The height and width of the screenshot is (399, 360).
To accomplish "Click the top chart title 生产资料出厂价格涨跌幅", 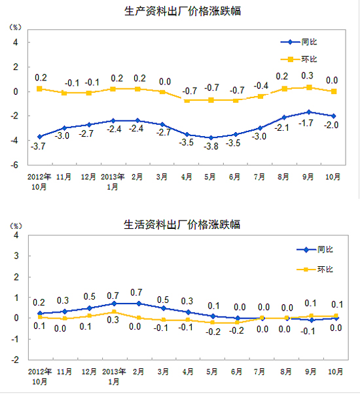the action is [x=183, y=11].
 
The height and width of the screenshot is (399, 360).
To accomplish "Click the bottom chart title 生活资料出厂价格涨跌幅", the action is [x=182, y=224].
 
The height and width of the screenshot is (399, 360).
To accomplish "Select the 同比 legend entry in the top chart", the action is [x=298, y=42].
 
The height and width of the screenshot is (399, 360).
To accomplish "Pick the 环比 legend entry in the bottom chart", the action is [x=315, y=269].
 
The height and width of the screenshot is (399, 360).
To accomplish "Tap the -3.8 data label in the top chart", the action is [x=211, y=147].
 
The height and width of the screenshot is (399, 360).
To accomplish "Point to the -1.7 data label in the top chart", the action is [x=306, y=123].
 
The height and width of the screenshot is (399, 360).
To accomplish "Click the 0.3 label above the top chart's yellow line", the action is [x=307, y=76].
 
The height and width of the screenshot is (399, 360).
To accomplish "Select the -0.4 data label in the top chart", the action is [x=261, y=86].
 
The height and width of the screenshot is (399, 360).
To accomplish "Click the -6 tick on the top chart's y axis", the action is [x=15, y=165].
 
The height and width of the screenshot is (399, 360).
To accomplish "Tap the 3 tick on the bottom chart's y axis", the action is [x=16, y=256].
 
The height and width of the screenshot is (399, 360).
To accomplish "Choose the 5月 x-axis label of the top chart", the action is [x=210, y=177].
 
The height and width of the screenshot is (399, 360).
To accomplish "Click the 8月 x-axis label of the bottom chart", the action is [x=286, y=372].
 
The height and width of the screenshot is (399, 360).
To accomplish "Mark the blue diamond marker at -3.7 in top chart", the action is [x=40, y=137].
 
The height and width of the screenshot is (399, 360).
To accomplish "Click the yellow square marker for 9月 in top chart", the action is [x=309, y=88].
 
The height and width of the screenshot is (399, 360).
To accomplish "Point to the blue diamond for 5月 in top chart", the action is [x=211, y=137].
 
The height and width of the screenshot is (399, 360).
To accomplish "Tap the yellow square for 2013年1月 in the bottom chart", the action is [x=114, y=312].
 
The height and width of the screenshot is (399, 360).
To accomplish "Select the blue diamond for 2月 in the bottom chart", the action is [x=139, y=304].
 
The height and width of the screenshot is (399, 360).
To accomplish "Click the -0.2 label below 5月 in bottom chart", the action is [x=213, y=332].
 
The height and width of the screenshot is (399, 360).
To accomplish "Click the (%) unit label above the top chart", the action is [x=15, y=27].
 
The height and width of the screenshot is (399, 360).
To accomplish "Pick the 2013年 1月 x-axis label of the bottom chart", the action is [x=114, y=376].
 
